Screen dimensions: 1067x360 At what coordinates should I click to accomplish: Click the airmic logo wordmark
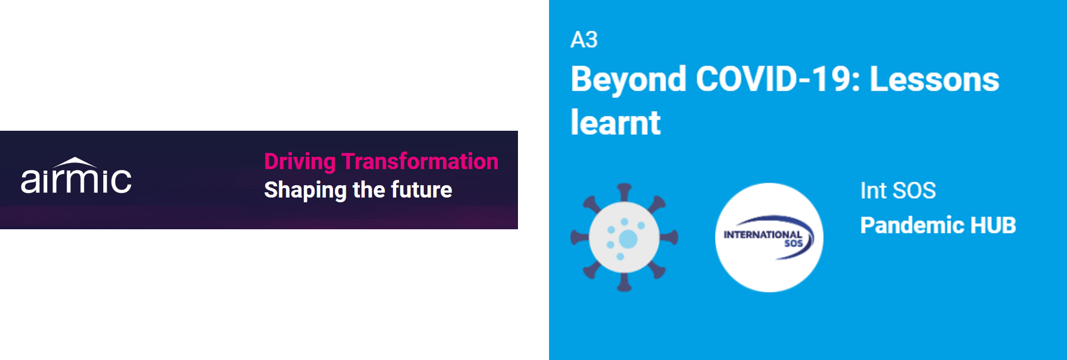point(76,176)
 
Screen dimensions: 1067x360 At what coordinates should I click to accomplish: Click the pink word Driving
point(300,162)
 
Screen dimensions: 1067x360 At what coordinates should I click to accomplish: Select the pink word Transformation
point(420,161)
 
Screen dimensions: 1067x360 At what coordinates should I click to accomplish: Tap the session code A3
point(584,40)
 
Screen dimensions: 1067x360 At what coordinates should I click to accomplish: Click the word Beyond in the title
point(629,79)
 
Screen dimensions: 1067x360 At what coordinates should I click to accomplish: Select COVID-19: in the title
point(778,79)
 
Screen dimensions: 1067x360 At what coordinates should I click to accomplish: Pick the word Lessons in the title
point(935,79)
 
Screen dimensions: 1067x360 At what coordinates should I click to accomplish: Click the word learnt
point(615,122)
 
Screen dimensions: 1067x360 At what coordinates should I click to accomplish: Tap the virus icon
point(624,238)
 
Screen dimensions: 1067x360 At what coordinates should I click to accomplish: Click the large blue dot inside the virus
point(628,239)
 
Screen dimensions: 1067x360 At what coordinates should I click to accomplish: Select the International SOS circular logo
point(769,238)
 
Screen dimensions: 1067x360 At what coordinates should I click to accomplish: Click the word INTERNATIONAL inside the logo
point(763,235)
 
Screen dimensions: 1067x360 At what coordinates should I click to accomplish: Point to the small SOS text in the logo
point(793,244)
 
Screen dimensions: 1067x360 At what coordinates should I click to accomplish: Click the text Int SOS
point(898,191)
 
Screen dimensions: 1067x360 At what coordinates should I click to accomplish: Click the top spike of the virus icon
point(624,192)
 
